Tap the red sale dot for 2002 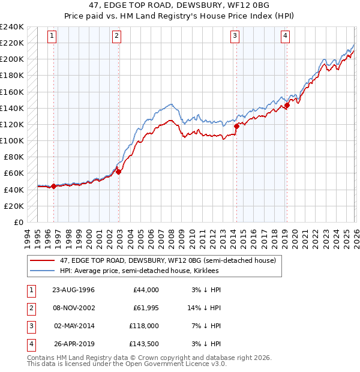tap(118, 172)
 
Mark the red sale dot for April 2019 tap(287, 106)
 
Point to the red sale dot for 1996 tap(54, 186)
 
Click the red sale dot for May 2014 tap(236, 126)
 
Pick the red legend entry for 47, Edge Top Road tap(167, 260)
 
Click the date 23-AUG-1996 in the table tap(74, 290)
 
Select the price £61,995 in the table tap(145, 308)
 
